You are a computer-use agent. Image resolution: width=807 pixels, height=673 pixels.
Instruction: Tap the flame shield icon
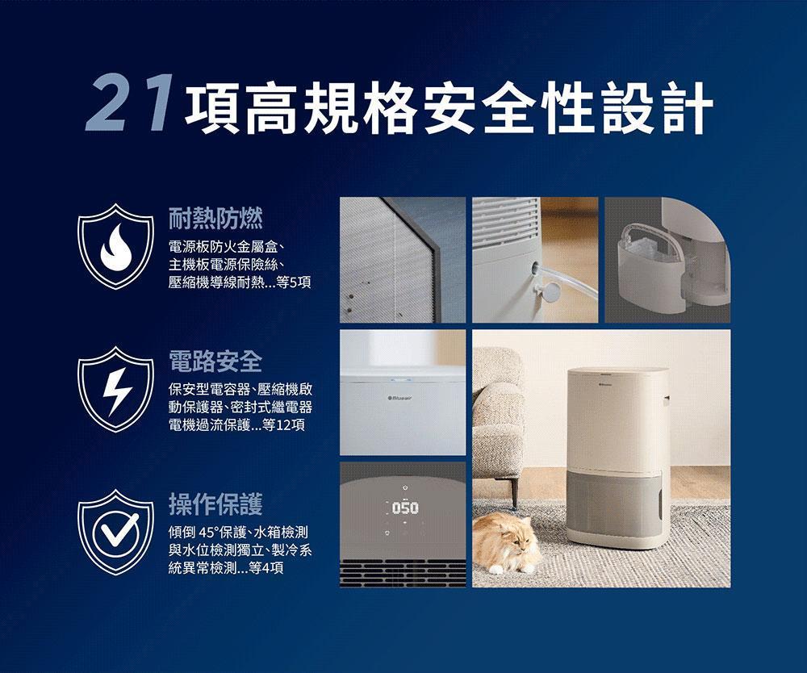point(115,246)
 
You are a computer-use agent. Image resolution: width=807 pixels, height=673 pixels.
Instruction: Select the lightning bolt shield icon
point(115,389)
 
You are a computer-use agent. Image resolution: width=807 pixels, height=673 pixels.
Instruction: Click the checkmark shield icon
point(115,532)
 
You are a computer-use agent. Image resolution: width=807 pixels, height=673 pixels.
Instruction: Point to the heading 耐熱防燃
point(215,218)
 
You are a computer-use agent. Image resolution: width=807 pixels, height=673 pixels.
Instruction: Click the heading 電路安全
point(215,362)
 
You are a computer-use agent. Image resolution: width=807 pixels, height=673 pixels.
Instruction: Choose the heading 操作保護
point(215,504)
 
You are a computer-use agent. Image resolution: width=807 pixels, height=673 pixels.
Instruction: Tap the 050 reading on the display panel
point(405,508)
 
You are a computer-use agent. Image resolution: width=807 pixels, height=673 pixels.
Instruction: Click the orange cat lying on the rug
point(508,543)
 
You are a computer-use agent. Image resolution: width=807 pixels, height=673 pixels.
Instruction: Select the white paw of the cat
point(496,569)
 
